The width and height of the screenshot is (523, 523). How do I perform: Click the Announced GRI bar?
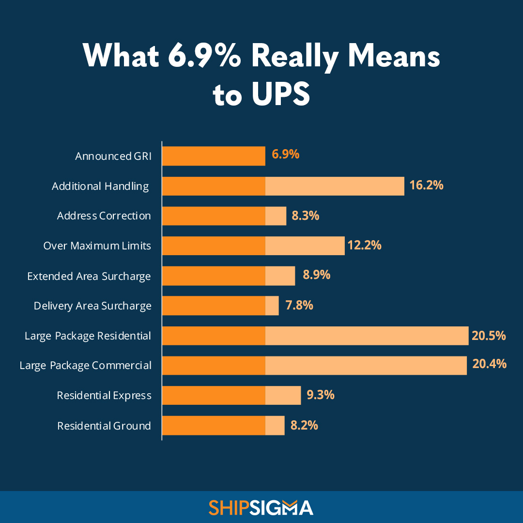[x=214, y=156]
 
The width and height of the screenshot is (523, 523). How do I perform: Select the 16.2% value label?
[x=426, y=185]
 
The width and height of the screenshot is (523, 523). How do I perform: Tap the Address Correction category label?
[x=104, y=216]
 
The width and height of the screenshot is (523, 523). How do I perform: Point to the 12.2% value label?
[x=364, y=245]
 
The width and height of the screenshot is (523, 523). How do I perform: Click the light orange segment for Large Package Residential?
[x=367, y=336]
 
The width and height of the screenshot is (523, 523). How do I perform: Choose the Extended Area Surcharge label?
[x=89, y=276]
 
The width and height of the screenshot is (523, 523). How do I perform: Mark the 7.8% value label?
[x=299, y=306]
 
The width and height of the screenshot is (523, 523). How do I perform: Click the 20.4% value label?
[x=489, y=364]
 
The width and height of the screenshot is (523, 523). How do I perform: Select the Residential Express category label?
[x=104, y=396]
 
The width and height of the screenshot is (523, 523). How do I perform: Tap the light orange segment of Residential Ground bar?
[x=275, y=426]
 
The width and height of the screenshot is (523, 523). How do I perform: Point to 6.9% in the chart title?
[x=204, y=57]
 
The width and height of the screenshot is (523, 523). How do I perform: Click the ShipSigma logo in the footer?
[x=261, y=508]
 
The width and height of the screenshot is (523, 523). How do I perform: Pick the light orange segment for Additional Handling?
[x=335, y=186]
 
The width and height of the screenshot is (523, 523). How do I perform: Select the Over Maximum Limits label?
[x=97, y=246]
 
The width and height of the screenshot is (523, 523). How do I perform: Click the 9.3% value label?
[x=320, y=395]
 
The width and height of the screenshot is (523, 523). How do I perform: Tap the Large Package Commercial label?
[x=86, y=366]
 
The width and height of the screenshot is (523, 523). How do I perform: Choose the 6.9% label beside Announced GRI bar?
[x=285, y=155]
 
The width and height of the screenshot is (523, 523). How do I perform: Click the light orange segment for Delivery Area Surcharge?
[x=272, y=306]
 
